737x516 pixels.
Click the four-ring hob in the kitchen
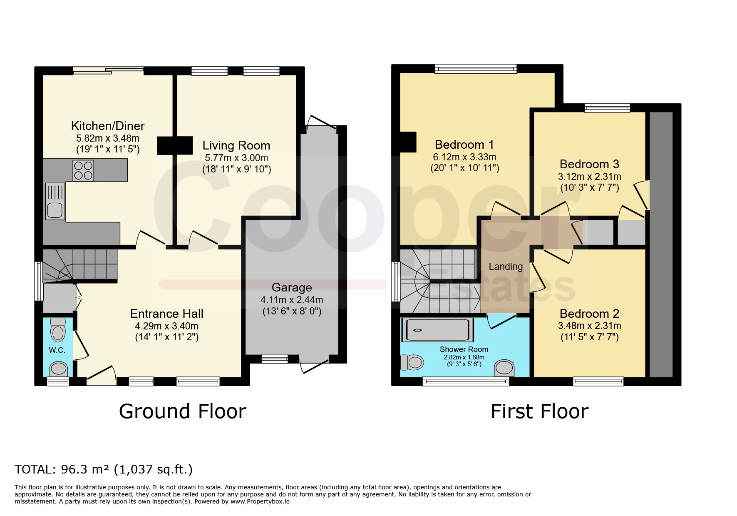83,170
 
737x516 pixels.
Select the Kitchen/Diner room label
108,126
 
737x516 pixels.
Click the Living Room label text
236,146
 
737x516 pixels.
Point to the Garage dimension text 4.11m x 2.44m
292,300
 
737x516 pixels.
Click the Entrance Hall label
167,314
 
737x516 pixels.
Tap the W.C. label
57,350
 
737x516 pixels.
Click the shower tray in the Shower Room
437,330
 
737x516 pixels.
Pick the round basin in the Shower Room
504,368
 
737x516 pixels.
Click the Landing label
506,267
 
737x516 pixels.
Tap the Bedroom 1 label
464,145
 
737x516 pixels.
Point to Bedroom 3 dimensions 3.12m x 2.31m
589,177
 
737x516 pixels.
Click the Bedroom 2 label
589,314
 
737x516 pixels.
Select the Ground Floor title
183,411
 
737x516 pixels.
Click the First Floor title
540,411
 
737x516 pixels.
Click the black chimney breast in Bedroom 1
408,142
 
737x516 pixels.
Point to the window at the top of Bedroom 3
607,108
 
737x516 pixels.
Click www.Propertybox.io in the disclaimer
260,501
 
